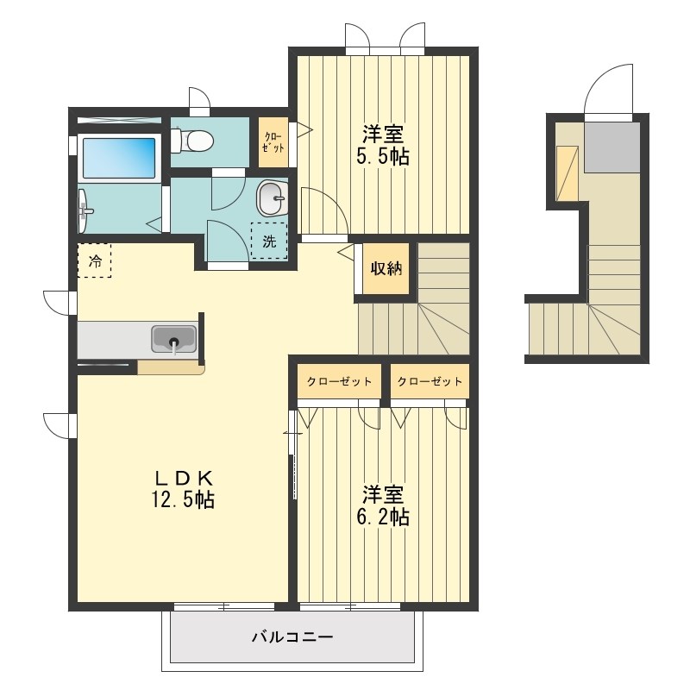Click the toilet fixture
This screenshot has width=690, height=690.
pos(192,140)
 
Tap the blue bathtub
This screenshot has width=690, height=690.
pos(119,159)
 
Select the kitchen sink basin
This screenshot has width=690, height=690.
pos(174,339)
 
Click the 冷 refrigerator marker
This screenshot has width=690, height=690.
pos(95,261)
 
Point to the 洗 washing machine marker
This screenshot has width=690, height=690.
pos(269,241)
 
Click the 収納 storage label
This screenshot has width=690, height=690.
pos(386,268)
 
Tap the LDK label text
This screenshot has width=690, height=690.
pos(183,478)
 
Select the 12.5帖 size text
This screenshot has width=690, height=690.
pos(183,499)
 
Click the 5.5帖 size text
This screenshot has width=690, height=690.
pos(383,156)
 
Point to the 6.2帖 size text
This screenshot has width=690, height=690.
pos(383,517)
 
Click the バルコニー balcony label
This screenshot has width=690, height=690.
pos(292,637)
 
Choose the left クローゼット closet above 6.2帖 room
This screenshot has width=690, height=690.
pos(339,381)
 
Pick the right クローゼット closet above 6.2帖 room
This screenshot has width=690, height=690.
pos(430,381)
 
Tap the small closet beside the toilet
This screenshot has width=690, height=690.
pos(273,142)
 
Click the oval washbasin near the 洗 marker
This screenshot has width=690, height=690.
pos(272,198)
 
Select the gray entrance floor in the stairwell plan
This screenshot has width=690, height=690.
pos(612,147)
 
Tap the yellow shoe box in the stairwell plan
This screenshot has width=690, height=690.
pos(568,173)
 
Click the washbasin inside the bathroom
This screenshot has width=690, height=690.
pos(84,211)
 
